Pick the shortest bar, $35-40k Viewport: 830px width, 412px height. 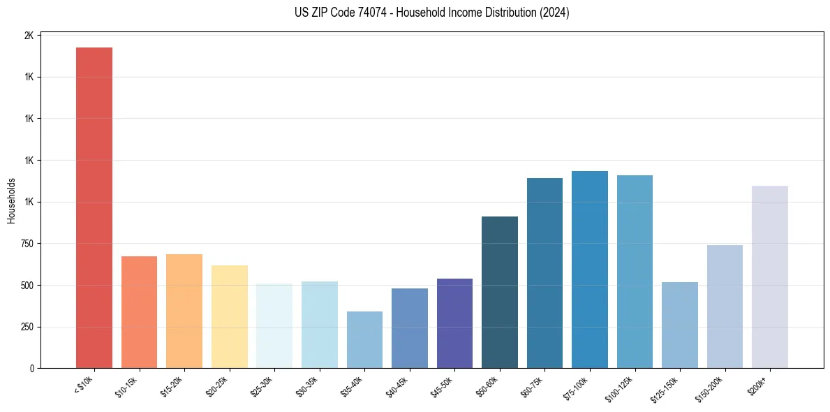[364, 339]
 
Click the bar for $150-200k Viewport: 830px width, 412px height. [725, 307]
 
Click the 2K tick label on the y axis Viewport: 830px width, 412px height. [29, 36]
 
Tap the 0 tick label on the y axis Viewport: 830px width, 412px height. [31, 369]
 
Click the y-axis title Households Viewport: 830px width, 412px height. [11, 201]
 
